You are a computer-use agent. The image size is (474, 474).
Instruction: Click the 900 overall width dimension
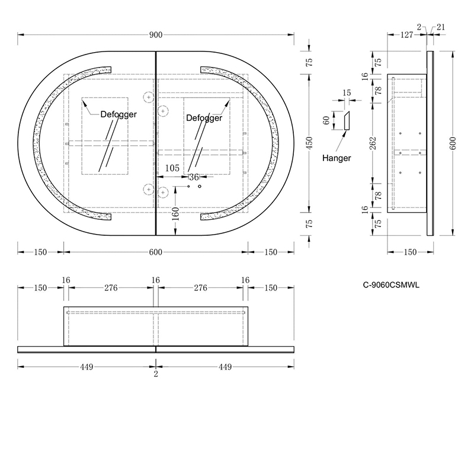pos(156,35)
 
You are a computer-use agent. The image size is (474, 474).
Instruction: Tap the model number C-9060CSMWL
pos(391,286)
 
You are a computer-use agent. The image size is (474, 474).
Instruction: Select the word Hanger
pos(337,158)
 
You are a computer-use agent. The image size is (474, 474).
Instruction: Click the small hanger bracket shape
pos(347,121)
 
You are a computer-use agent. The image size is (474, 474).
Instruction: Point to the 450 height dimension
pos(309,143)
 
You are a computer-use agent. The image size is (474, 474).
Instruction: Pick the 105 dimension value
pos(172,168)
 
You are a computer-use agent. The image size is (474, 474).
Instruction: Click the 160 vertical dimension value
pos(175,214)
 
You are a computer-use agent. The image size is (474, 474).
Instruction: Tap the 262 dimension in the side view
pos(373,143)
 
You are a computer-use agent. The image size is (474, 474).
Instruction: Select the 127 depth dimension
pos(406,35)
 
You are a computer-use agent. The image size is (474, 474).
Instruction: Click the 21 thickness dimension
pos(441,27)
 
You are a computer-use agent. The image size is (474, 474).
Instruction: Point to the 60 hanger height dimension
pos(326,121)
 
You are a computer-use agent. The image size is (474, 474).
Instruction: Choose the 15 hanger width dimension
pos(347,93)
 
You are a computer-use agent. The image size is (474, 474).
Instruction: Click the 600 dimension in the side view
pos(453,143)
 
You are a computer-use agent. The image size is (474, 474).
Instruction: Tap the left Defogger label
pos(118,114)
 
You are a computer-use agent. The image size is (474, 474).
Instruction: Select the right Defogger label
pos(204,118)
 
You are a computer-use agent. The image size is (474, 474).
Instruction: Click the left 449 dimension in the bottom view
pos(87,367)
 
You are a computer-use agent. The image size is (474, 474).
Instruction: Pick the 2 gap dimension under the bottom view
pos(156,374)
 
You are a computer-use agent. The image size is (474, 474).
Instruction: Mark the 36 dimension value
pos(194,177)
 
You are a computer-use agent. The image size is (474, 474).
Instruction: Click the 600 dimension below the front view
pos(156,252)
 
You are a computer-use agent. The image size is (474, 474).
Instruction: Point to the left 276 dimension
pos(111,288)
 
